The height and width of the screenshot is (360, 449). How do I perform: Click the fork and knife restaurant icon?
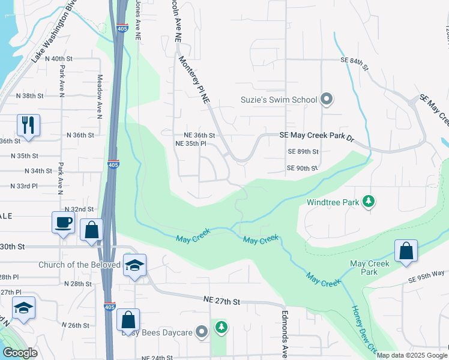pos(28,125)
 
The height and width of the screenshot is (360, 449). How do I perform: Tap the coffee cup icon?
pos(64,222)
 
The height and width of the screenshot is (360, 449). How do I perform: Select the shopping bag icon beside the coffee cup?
pos(91,230)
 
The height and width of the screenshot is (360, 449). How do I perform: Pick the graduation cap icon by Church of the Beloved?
pos(134,265)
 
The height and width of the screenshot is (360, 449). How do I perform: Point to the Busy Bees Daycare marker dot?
pos(202,331)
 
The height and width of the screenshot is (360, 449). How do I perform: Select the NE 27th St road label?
pos(221,301)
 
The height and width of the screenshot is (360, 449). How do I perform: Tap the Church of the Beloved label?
pos(79,265)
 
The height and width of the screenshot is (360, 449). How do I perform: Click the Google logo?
pos(20,353)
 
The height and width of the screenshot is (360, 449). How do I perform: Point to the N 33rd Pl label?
pos(24,187)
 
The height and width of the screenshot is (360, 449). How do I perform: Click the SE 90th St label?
pos(303,169)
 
